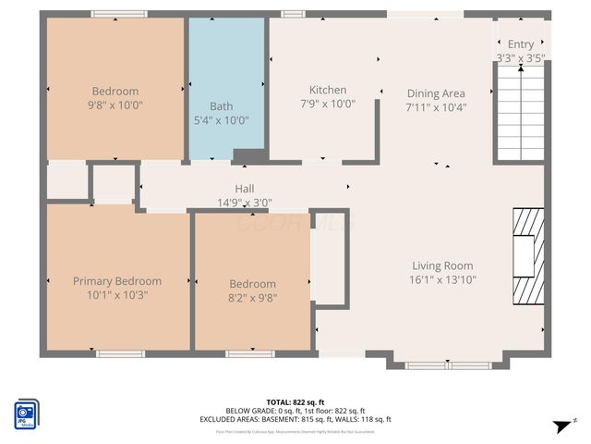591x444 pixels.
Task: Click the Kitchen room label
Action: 328,90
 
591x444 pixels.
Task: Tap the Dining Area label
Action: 436,93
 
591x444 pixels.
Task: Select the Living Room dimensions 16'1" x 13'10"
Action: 442,279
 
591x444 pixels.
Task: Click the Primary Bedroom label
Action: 117,281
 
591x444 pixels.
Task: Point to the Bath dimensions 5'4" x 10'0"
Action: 222,120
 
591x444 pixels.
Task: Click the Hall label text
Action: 244,189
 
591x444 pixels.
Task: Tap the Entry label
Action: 521,44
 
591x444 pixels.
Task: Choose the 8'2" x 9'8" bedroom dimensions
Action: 252,298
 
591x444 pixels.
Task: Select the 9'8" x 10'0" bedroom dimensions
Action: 115,105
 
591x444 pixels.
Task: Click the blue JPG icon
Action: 27,413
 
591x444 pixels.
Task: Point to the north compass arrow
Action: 560,425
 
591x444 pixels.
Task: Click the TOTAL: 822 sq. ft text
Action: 295,401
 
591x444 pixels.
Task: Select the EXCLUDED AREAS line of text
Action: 295,419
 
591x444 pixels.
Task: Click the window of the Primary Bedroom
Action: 120,353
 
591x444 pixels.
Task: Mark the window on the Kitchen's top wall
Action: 294,14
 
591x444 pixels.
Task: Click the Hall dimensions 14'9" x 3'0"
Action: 244,203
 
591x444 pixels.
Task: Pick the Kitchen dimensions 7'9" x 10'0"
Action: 328,105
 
